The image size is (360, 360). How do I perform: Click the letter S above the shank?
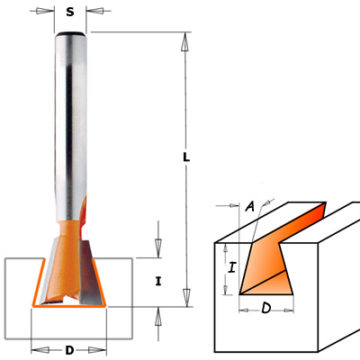coord(70,12)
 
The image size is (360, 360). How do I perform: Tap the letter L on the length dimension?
coord(186,157)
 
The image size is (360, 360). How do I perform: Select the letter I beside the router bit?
coord(158,282)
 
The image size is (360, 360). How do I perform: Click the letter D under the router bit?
coord(69,350)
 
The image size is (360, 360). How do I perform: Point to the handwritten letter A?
coord(250,206)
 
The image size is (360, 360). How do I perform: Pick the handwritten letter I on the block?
coord(231,267)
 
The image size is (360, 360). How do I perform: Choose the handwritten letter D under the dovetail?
coord(266,308)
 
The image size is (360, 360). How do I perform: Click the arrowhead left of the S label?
coord(43,11)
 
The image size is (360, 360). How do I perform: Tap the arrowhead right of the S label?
coord(96,11)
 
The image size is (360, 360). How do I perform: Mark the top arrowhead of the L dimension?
coord(185,42)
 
